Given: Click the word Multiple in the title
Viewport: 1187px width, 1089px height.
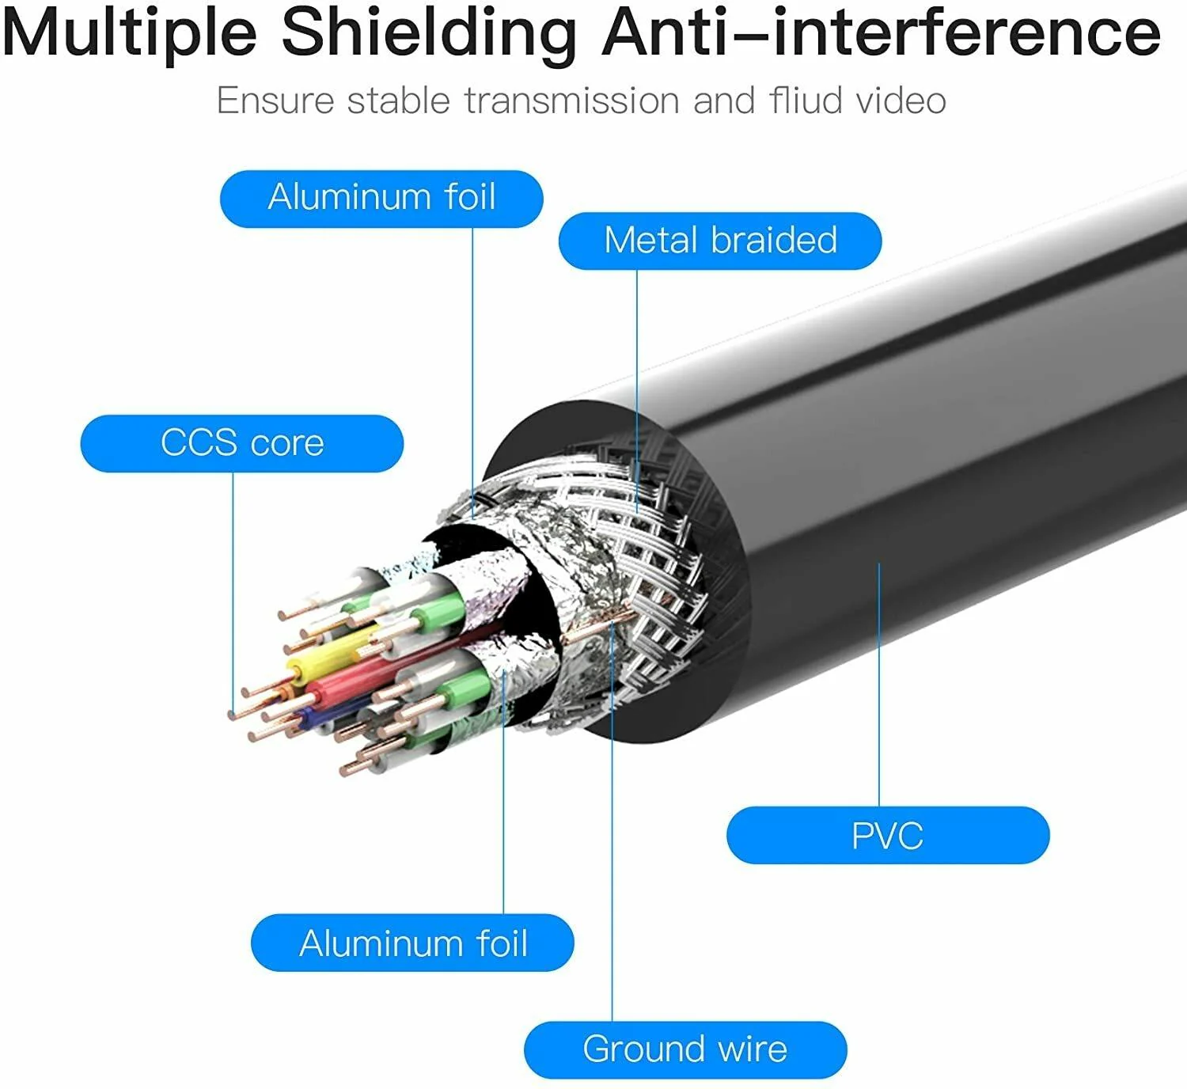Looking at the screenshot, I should [x=131, y=33].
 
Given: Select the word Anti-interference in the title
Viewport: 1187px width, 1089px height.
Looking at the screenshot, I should [x=881, y=33].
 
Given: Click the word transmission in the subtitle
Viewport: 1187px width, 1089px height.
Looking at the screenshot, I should [x=572, y=101].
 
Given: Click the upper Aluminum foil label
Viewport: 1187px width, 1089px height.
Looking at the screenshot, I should [x=381, y=198].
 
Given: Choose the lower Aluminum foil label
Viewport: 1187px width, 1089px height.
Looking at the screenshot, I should [x=412, y=943].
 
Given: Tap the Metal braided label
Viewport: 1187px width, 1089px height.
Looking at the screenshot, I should [x=720, y=241].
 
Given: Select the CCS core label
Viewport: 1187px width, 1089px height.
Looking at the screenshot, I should [x=242, y=443].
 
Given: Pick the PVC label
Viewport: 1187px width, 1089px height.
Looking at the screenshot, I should [x=888, y=835].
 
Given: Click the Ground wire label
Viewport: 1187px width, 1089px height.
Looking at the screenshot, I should [x=685, y=1049].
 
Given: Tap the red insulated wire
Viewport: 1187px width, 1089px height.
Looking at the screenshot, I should [x=348, y=681].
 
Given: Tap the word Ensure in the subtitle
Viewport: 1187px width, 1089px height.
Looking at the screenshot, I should [x=275, y=101].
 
